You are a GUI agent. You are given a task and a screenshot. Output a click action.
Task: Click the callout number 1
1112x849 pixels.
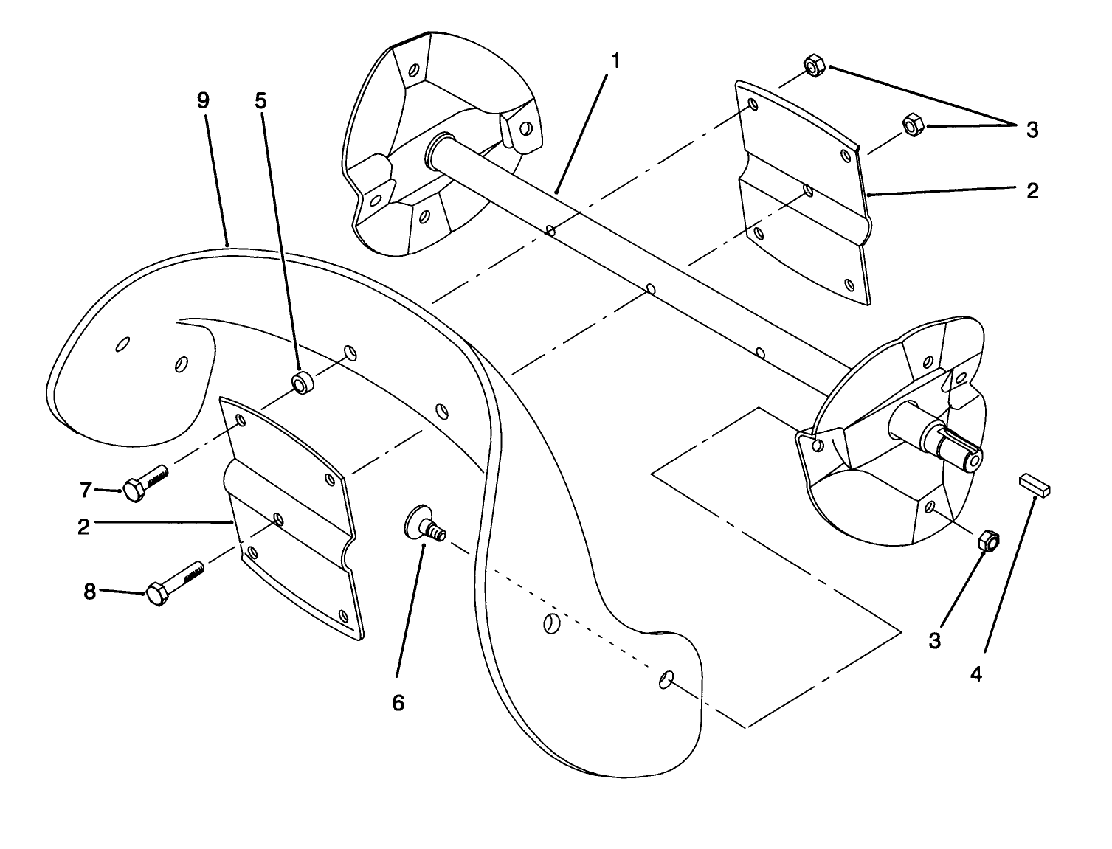point(615,60)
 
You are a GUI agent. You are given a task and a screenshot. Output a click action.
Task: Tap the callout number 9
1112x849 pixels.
point(204,100)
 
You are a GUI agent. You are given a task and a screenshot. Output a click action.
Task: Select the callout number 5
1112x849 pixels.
point(260,100)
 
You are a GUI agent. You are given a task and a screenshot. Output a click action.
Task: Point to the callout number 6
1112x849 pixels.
point(398,703)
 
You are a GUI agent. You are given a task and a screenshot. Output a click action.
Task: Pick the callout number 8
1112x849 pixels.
point(89,592)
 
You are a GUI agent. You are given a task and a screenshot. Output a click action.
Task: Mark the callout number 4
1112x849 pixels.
point(976,673)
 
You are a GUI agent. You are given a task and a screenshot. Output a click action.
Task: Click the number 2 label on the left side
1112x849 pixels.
point(83,527)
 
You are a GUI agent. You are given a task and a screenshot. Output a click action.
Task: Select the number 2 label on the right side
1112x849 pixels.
point(1032,190)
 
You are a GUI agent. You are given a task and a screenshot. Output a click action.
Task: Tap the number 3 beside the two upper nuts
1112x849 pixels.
point(1032,130)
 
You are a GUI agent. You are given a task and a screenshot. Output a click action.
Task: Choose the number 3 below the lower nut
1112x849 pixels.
point(935,641)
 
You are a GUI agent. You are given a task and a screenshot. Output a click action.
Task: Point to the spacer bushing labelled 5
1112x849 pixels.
point(303,384)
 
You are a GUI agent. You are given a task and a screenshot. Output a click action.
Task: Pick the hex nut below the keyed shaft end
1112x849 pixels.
point(989,541)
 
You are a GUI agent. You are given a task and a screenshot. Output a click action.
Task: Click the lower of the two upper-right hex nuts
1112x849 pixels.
point(912,125)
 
